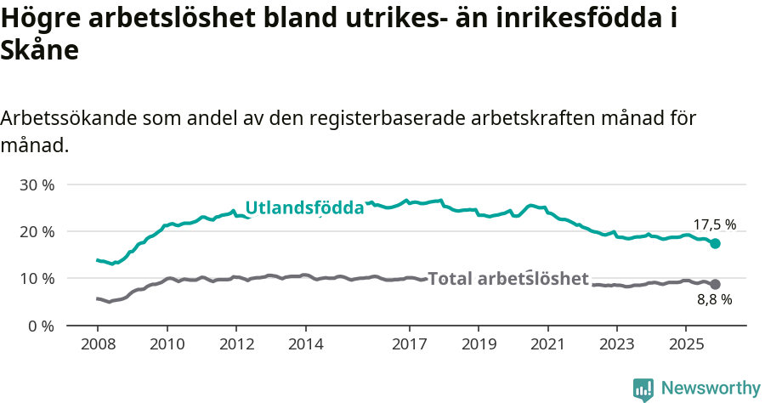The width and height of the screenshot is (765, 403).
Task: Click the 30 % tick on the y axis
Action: point(36,184)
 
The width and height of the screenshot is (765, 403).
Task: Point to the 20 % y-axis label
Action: point(36,231)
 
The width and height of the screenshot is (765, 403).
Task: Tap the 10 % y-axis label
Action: point(36,278)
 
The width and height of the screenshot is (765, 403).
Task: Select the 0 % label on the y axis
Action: point(40,326)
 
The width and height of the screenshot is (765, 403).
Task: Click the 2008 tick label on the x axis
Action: point(97,343)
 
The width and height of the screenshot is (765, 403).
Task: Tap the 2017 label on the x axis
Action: point(410,343)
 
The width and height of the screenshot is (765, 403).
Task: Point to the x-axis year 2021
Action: point(548,343)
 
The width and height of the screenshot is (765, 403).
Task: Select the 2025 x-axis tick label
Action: point(687,343)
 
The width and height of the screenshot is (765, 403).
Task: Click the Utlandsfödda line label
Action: point(304,207)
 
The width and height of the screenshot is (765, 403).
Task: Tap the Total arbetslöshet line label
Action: point(508,279)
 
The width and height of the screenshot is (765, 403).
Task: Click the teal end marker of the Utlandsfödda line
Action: point(716,243)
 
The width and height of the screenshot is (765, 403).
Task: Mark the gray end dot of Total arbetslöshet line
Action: point(716,284)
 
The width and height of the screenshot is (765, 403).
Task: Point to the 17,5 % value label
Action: point(715,225)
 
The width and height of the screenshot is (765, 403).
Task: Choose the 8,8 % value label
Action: point(715,299)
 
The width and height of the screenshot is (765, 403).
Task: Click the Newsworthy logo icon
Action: point(643,389)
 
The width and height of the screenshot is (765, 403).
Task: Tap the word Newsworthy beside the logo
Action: point(711,389)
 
